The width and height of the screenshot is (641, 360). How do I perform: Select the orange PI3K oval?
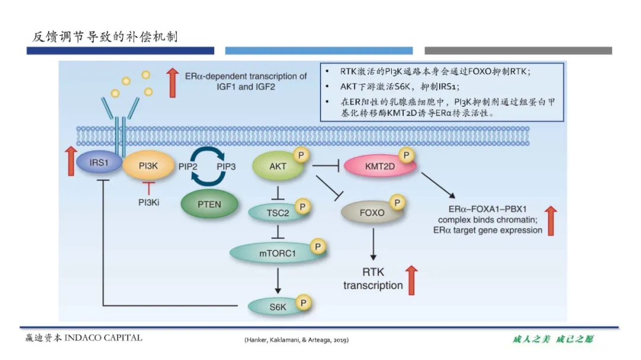[x=148, y=167]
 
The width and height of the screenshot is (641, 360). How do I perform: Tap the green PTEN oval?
[x=209, y=204]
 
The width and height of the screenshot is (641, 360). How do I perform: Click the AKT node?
[x=277, y=167]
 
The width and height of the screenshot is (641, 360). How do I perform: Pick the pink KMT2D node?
[x=380, y=167]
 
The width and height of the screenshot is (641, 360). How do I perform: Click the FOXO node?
[x=371, y=212]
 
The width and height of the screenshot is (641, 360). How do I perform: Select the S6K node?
[x=277, y=306]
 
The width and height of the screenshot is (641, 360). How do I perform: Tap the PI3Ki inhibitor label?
[x=148, y=202]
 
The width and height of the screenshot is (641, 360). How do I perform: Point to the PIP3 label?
[x=226, y=167]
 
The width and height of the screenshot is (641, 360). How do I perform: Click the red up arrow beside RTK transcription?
[x=412, y=280]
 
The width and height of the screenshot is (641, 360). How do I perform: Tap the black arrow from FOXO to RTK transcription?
[x=373, y=244]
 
